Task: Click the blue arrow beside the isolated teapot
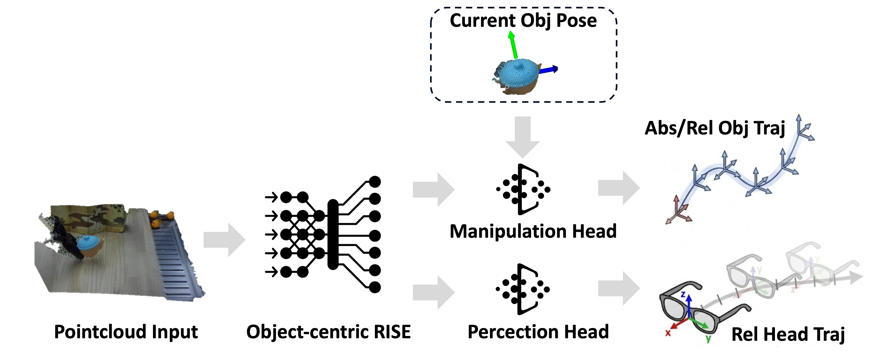pyautogui.click(x=549, y=70)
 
